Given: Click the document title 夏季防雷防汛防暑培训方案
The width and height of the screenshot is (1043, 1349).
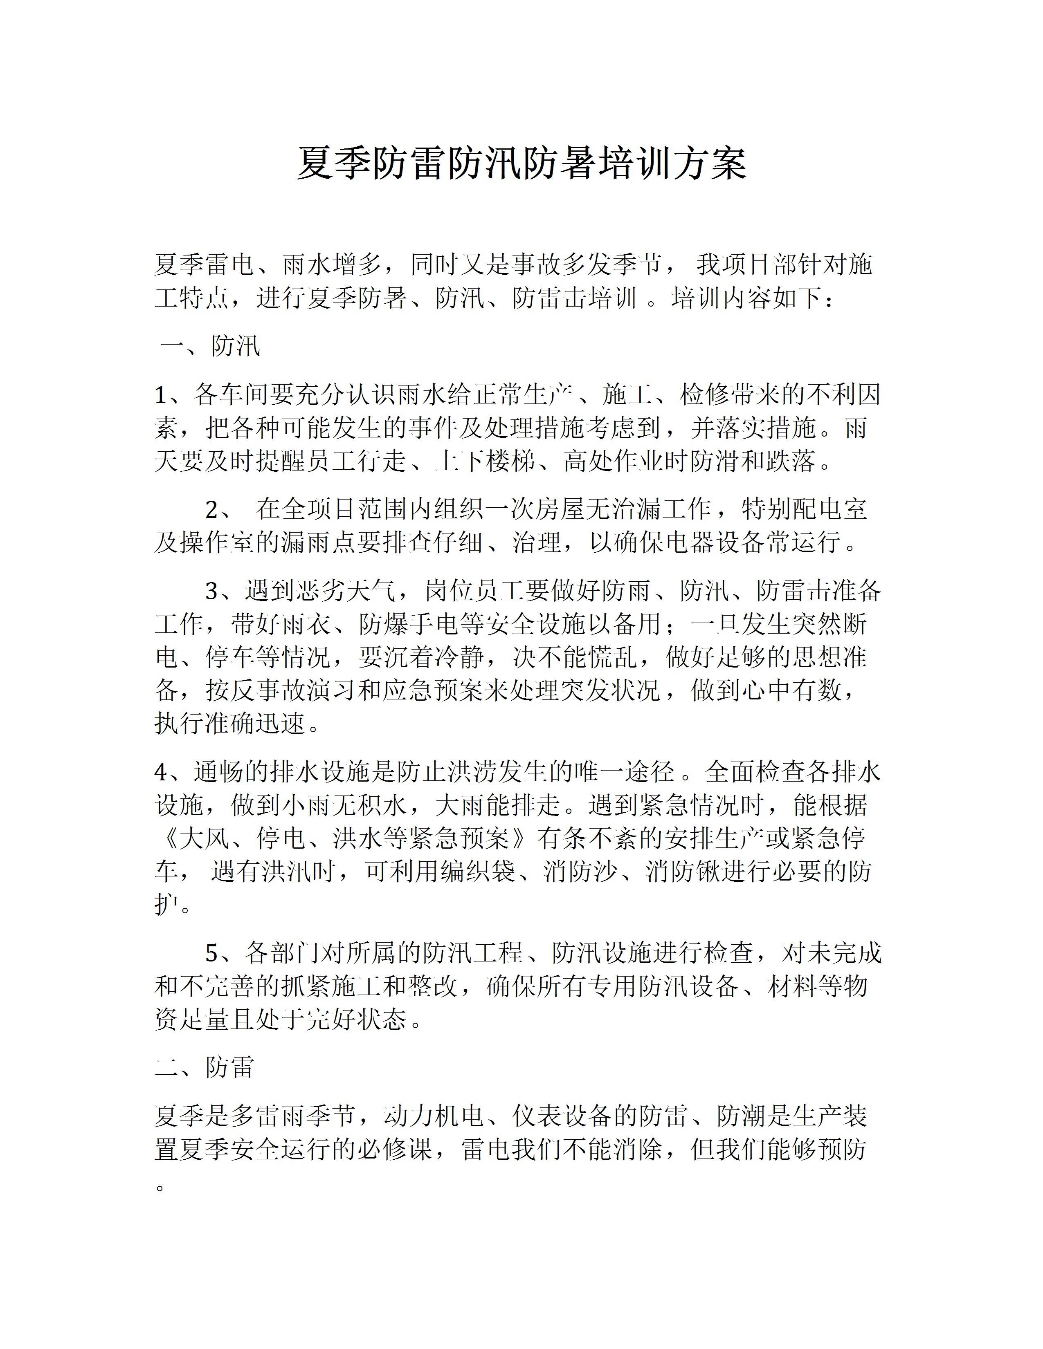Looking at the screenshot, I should [521, 164].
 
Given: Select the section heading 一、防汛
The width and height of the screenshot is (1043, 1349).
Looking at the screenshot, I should [210, 347].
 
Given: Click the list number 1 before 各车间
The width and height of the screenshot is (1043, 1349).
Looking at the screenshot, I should [161, 395].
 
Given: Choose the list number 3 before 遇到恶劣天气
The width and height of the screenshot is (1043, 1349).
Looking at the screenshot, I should [212, 592].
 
